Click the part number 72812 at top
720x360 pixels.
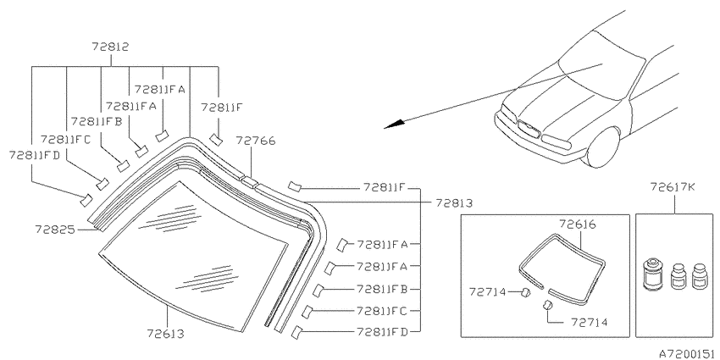pos(110,47)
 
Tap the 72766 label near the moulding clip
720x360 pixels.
pos(256,141)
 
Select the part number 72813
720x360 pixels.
pos(454,202)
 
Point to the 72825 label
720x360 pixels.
pos(55,228)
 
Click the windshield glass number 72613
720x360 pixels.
pos(166,333)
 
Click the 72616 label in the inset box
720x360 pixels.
pos(577,224)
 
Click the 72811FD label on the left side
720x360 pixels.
pos(35,155)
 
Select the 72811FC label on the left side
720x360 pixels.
pos(66,139)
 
